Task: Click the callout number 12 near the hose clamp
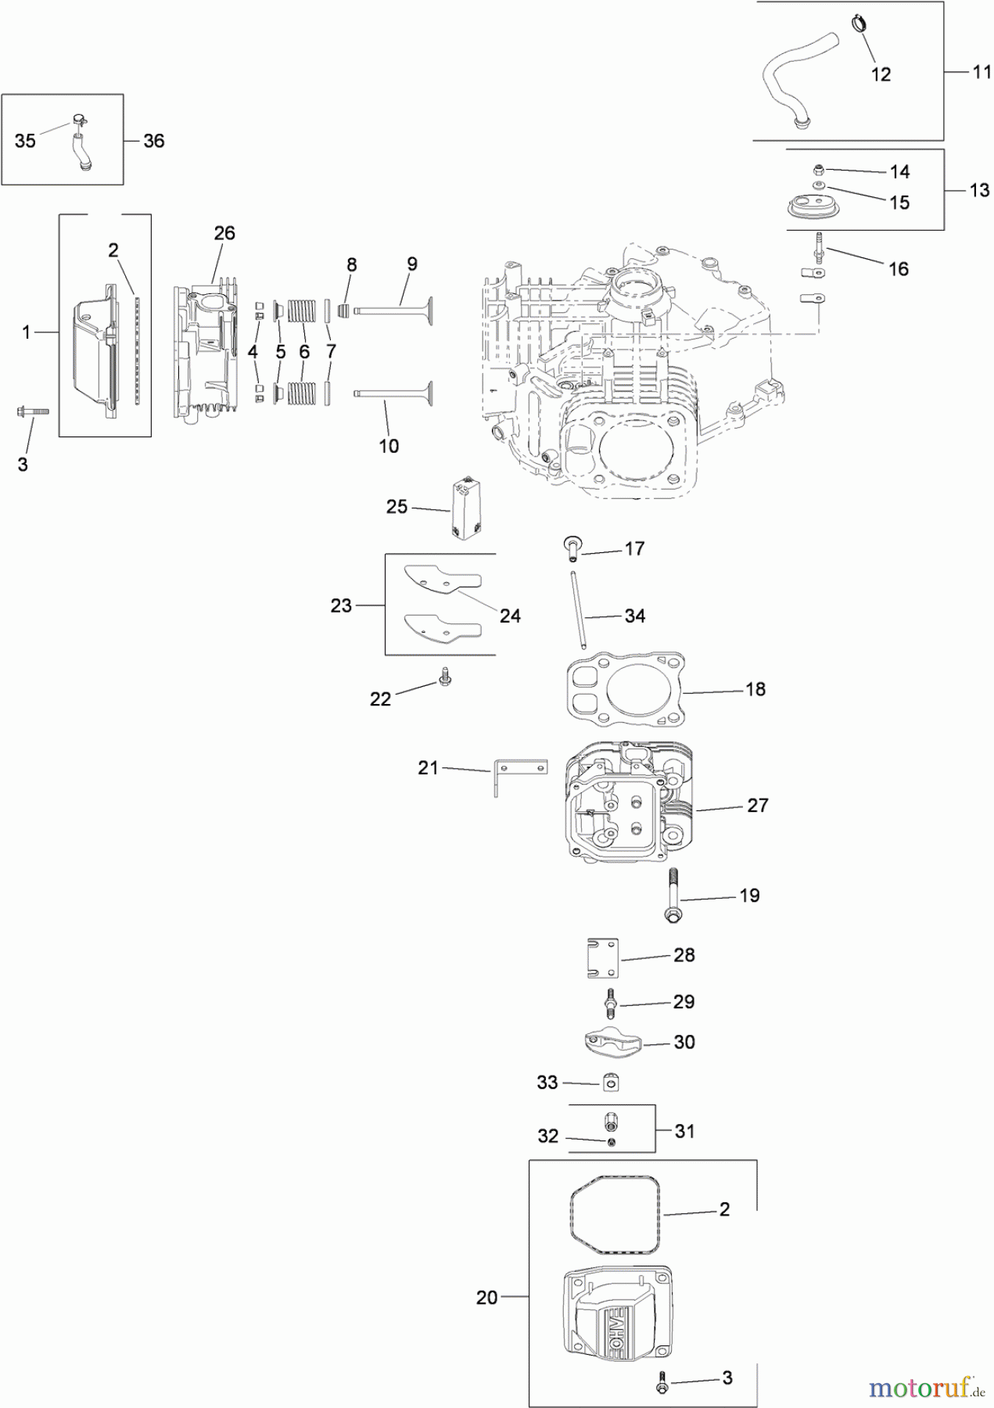point(881,74)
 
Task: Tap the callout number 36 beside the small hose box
point(154,141)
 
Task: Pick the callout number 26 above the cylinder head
point(224,233)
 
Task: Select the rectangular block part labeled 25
point(467,508)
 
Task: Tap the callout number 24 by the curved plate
point(510,616)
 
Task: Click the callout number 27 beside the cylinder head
point(757,805)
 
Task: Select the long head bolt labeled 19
point(671,895)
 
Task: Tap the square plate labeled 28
point(602,957)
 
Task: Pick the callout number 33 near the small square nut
point(547,1083)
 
